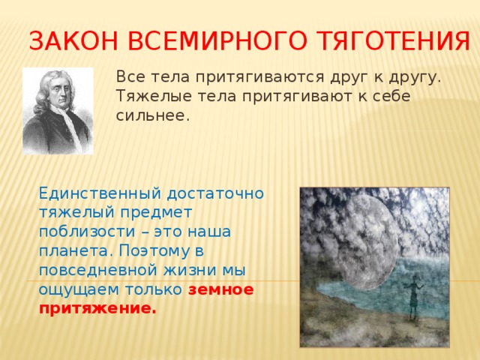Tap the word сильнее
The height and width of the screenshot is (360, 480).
pyautogui.click(x=152, y=116)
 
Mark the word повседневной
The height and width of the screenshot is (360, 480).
pyautogui.click(x=95, y=271)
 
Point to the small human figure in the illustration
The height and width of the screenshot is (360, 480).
pyautogui.click(x=410, y=296)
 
